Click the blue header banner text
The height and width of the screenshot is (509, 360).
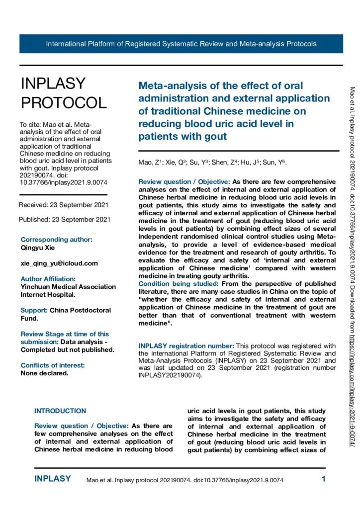pyautogui.click(x=181, y=44)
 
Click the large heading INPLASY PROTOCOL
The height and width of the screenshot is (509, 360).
pyautogui.click(x=63, y=93)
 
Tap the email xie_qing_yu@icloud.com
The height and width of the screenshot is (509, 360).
pyautogui.click(x=59, y=263)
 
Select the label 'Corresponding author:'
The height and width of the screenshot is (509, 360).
pyautogui.click(x=56, y=240)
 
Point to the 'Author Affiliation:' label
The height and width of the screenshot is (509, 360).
pyautogui.click(x=48, y=279)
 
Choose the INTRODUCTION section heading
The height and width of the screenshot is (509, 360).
pyautogui.click(x=60, y=411)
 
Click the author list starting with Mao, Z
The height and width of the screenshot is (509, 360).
pyautogui.click(x=212, y=163)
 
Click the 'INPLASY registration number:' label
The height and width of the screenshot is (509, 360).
pyautogui.click(x=185, y=345)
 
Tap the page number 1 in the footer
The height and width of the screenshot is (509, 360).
pyautogui.click(x=323, y=480)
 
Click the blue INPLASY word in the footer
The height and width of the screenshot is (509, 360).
pyautogui.click(x=53, y=479)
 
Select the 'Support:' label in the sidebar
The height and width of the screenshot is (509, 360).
pyautogui.click(x=34, y=310)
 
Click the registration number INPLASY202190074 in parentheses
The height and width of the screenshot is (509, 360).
pyautogui.click(x=168, y=376)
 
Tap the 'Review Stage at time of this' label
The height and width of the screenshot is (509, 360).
pyautogui.click(x=65, y=334)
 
